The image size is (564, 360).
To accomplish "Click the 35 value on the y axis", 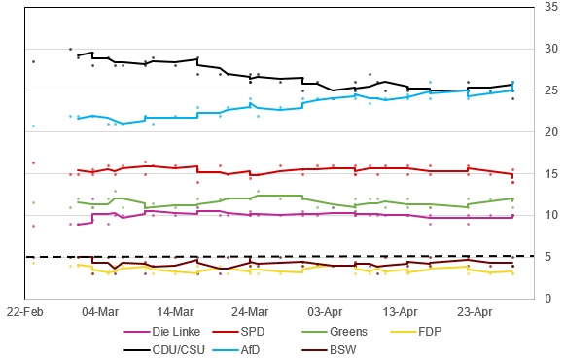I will (551, 8).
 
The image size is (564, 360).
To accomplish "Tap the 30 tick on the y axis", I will (551, 49).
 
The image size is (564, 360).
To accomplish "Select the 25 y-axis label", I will (551, 90).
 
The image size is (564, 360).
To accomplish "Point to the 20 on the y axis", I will (551, 131).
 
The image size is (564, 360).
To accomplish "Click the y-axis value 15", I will (551, 173).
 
